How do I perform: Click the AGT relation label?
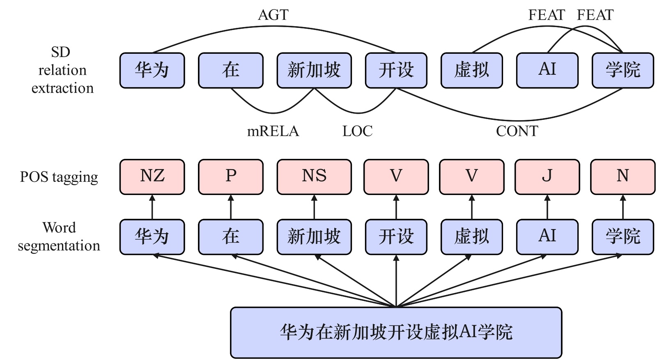click(x=273, y=15)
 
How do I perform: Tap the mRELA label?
click(x=273, y=131)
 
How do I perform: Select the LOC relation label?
click(x=357, y=131)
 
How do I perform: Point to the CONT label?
click(x=517, y=131)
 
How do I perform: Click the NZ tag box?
click(x=152, y=177)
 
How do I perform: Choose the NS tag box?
click(x=314, y=177)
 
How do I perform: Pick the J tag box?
click(x=547, y=177)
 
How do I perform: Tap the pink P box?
click(x=230, y=177)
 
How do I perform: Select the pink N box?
click(x=623, y=177)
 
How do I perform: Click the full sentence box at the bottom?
click(x=396, y=332)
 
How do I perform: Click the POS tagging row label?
click(x=59, y=177)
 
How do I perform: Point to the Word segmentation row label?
click(x=59, y=236)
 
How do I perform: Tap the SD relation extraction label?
click(x=62, y=70)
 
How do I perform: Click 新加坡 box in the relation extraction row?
click(x=314, y=70)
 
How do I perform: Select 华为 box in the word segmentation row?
click(x=152, y=237)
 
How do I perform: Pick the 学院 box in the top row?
click(x=623, y=70)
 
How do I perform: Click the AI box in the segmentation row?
click(x=547, y=237)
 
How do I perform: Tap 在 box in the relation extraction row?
click(x=230, y=70)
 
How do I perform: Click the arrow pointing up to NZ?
click(x=152, y=207)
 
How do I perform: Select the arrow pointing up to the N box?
click(x=623, y=207)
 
